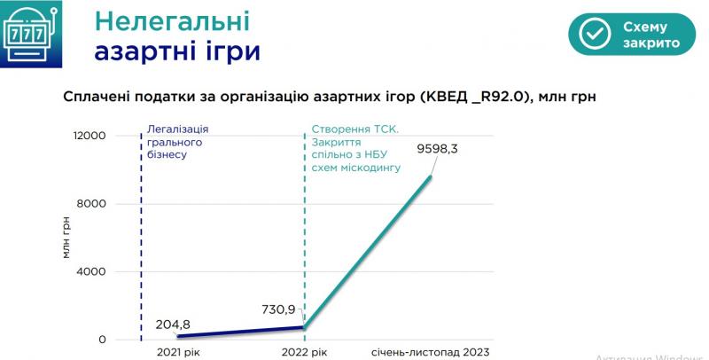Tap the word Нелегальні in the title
(172, 21)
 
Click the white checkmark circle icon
(595, 35)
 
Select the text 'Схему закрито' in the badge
(651, 35)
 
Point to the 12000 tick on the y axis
(89, 136)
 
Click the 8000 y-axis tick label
(92, 204)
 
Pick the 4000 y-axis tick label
(92, 271)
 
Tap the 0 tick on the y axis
(102, 340)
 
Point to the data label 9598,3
(437, 149)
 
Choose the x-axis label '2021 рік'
(177, 353)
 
